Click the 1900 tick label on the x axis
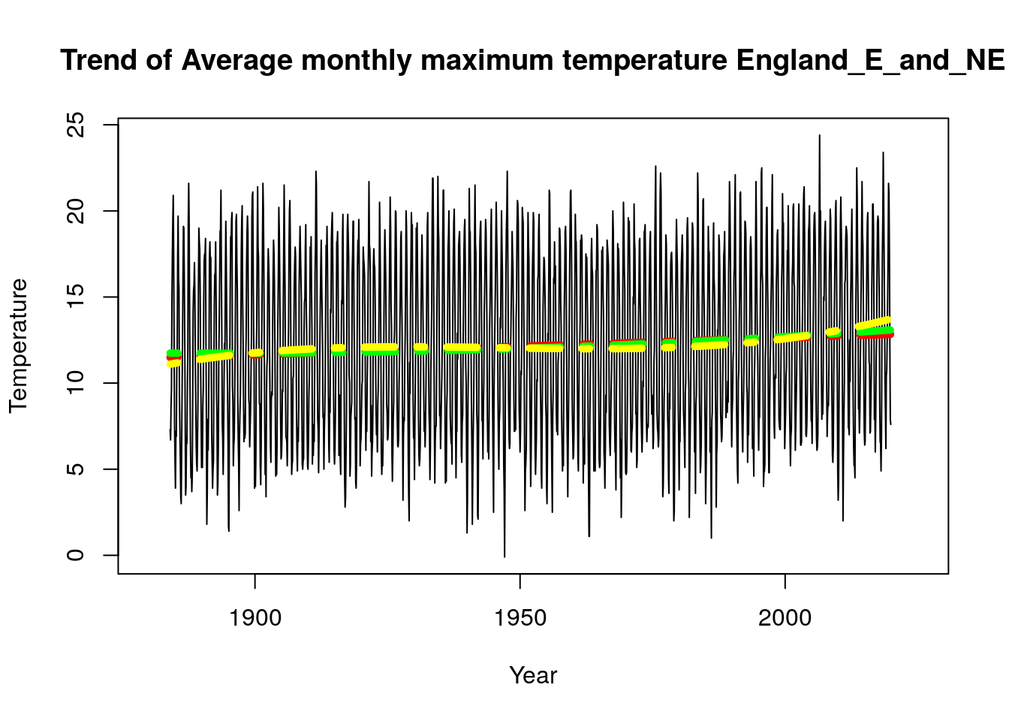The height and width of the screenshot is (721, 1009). coord(255,618)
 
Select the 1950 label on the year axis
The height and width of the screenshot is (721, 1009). coord(520,618)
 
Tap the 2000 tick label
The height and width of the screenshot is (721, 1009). coord(785,618)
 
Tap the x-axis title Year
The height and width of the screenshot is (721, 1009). coord(533,675)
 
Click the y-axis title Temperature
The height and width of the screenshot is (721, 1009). coord(18,345)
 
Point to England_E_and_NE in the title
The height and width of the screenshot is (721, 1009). coord(870,60)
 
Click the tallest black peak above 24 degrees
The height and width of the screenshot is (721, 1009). coord(819,137)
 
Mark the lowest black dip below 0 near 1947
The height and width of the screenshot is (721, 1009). coord(505,555)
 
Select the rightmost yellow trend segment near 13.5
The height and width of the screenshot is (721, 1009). coord(874,324)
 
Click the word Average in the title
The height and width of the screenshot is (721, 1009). coord(236,60)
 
